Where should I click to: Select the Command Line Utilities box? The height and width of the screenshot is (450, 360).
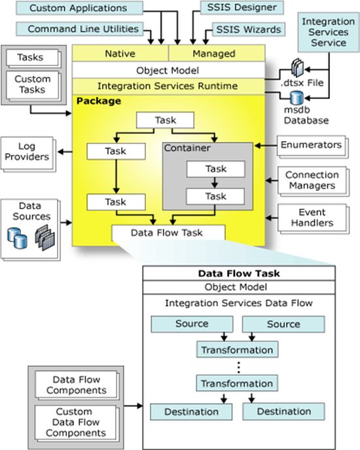[x=83, y=29]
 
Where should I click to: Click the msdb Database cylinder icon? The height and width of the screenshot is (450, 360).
[x=297, y=96]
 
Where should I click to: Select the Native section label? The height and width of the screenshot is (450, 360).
[x=120, y=52]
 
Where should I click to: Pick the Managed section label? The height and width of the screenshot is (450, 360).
[x=217, y=52]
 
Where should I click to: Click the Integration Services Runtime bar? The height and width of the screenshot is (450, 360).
[x=168, y=86]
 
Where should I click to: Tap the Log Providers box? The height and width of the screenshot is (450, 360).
[x=27, y=152]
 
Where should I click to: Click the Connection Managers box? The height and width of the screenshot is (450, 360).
[x=312, y=181]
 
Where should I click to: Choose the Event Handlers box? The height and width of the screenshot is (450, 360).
[x=312, y=217]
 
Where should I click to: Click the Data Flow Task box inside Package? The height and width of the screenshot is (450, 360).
[x=168, y=232]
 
